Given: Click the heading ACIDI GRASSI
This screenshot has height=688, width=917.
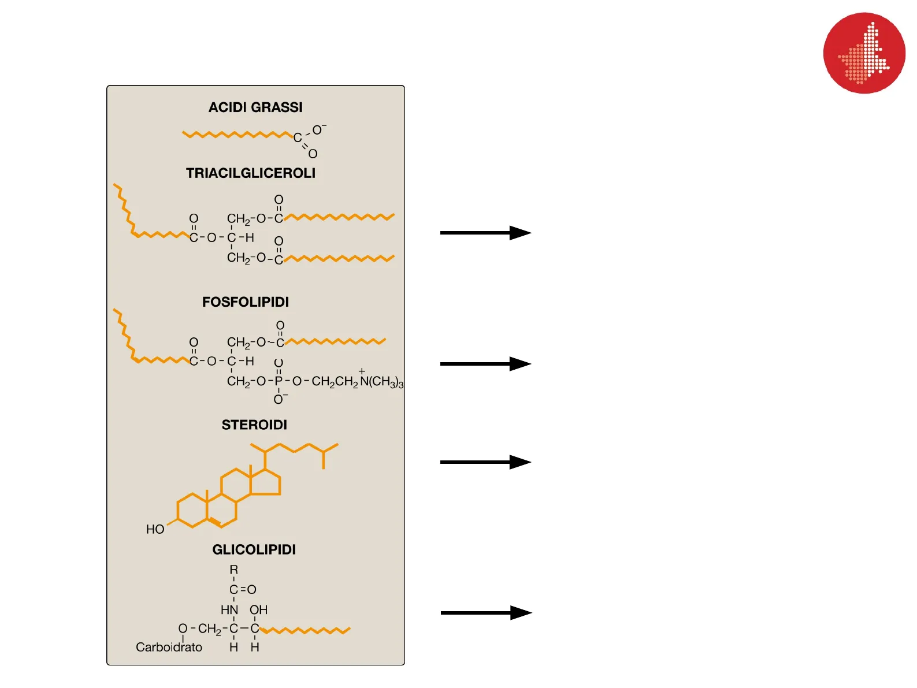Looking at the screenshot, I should point(255,107).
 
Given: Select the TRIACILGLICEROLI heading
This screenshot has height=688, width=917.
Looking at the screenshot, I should point(251,173).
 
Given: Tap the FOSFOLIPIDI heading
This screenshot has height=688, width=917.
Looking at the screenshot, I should point(246,302).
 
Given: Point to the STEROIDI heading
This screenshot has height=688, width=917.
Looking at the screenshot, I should point(254,425).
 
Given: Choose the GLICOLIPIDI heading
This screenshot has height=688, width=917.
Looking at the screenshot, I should point(254,550).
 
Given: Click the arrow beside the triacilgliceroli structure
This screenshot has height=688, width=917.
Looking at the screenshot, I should point(485,233).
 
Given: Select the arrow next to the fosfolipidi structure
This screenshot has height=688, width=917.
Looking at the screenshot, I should point(485,364).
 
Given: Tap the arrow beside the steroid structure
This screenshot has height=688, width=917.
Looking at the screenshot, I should point(485,462).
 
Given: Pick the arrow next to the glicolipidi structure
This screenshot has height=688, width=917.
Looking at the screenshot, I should point(486,613).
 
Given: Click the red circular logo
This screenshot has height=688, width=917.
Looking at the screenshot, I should point(864,53).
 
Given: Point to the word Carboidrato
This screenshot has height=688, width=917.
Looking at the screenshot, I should point(169,648).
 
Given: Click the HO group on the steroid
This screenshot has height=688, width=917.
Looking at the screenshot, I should point(155,530).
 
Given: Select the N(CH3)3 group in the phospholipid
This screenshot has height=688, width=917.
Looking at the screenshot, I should point(381,382).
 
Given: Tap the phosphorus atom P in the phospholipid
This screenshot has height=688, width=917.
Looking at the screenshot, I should point(279,381).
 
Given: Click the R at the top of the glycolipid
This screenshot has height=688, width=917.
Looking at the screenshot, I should point(233,570).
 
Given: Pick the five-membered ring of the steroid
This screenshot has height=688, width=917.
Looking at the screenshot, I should point(265,484).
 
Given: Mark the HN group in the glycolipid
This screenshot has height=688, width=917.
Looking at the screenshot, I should point(229,610).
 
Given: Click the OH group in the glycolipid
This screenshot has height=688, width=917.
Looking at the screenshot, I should point(258,610).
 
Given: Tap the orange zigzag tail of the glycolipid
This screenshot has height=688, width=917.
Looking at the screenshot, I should point(306,630).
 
